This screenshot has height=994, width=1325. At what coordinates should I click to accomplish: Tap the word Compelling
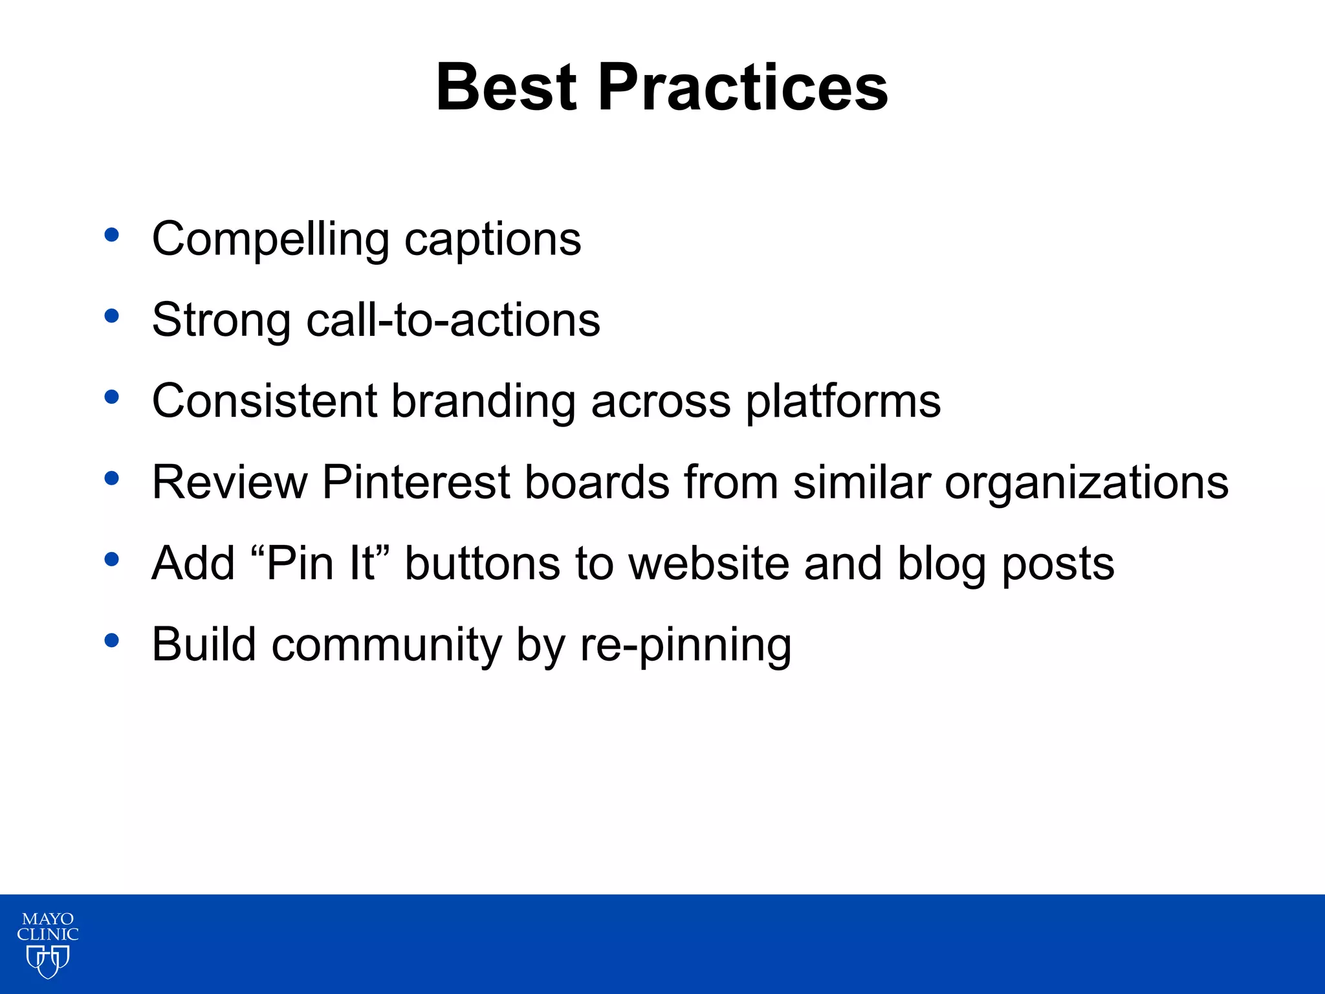tap(270, 239)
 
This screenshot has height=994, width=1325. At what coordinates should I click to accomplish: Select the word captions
tap(492, 239)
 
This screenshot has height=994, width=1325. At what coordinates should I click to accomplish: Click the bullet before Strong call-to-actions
tap(112, 316)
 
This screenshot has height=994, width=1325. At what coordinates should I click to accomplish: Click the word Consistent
tap(264, 401)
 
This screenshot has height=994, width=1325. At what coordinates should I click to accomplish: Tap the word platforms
tap(843, 402)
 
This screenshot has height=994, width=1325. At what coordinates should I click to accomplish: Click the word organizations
tap(1086, 483)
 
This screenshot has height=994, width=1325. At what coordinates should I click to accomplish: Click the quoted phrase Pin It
tap(320, 563)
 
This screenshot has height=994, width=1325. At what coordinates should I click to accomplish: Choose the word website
tap(708, 563)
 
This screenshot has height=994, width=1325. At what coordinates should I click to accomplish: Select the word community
tap(386, 645)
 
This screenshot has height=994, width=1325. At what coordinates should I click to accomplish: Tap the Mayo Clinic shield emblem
tap(48, 961)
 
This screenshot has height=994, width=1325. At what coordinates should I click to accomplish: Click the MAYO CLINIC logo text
tap(48, 927)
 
